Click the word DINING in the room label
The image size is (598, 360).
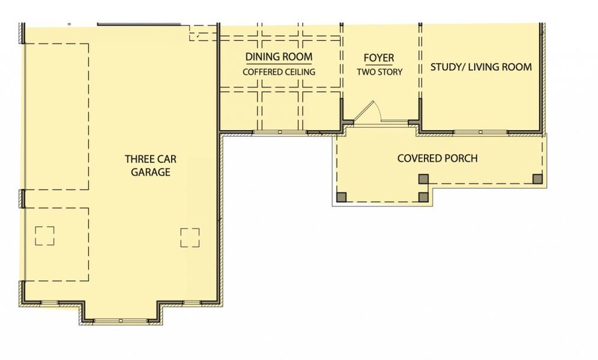(x=262, y=57)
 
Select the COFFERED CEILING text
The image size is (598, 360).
(x=279, y=72)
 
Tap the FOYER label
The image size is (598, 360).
(x=379, y=58)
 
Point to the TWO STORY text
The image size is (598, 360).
(x=379, y=72)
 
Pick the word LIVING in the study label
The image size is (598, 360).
(x=486, y=67)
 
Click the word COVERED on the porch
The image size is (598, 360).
(x=418, y=158)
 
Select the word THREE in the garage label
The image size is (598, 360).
(x=137, y=159)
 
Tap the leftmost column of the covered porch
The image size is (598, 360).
(x=342, y=196)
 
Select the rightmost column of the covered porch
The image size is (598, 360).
(x=537, y=178)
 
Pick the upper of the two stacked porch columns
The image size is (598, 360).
(x=423, y=178)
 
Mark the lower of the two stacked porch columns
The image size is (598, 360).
(x=423, y=196)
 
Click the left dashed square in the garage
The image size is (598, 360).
(x=44, y=235)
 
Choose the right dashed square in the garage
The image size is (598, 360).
(x=190, y=237)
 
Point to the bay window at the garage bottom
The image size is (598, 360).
(x=120, y=321)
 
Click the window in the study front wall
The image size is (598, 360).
(x=480, y=131)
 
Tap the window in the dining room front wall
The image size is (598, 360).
(x=280, y=131)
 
